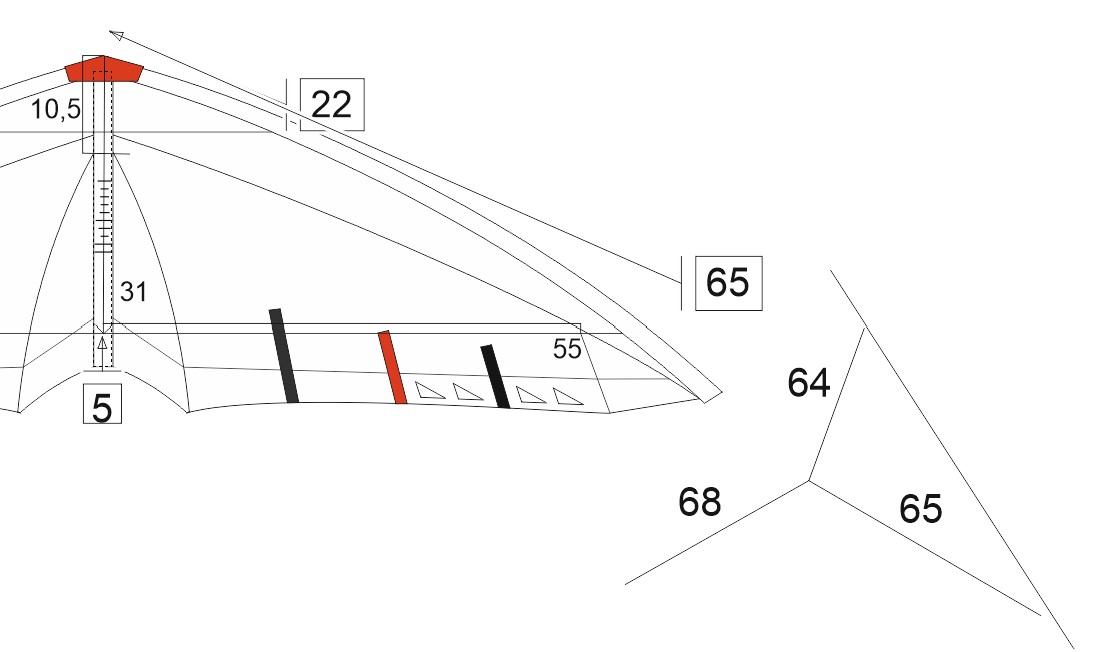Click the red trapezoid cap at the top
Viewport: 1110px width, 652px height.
104,69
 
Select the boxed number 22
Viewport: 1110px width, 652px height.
331,105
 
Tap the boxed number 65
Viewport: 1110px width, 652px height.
728,282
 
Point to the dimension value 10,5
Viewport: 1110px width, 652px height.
56,110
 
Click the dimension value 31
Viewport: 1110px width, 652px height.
133,292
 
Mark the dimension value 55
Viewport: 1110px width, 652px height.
566,349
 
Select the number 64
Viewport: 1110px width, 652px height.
808,382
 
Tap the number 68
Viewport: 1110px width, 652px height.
699,502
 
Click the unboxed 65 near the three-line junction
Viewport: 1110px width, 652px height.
920,508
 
